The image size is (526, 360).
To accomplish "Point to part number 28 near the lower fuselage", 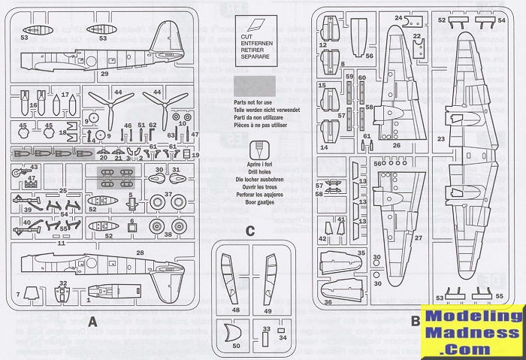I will pos(140,253).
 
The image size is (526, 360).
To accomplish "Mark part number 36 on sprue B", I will pos(328,302).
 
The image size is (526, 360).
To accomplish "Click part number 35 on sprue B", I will pos(361,255).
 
